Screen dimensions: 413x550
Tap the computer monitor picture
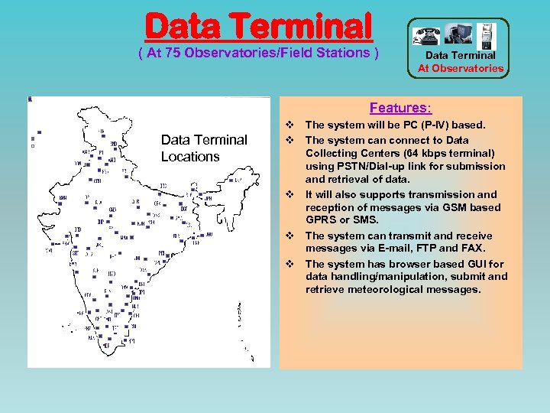460,34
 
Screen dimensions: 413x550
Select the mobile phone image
487,34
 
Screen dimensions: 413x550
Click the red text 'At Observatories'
461,68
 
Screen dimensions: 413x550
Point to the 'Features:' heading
400,109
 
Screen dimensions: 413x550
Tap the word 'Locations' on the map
190,157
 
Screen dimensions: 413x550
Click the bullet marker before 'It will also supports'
290,194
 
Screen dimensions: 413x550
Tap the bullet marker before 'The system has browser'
290,263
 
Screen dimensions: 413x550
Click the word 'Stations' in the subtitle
340,52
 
